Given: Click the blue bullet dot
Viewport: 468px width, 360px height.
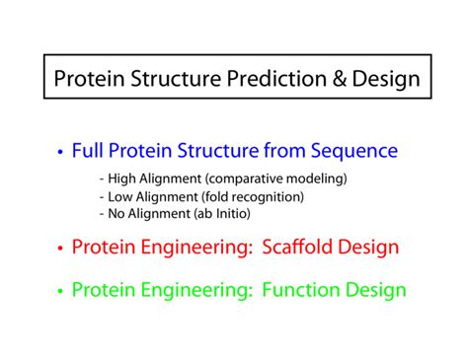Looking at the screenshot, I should click(60, 153).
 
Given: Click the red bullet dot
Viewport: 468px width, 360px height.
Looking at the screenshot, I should click(60, 248).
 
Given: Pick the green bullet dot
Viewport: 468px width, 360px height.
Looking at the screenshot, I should click(60, 291).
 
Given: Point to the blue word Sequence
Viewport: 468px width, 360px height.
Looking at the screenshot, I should click(354, 151).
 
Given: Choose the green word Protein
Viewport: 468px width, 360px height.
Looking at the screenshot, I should click(104, 290).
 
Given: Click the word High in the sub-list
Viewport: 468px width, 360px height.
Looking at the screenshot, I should click(122, 180).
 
